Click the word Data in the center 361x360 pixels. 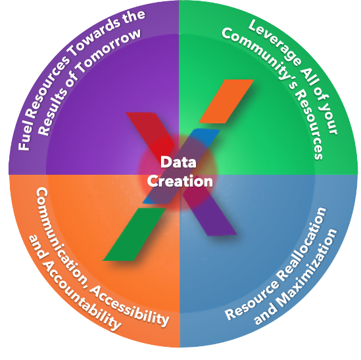[178, 162]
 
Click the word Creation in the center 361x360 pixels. [180, 181]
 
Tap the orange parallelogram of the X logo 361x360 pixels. [226, 101]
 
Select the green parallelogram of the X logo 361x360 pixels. [134, 234]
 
